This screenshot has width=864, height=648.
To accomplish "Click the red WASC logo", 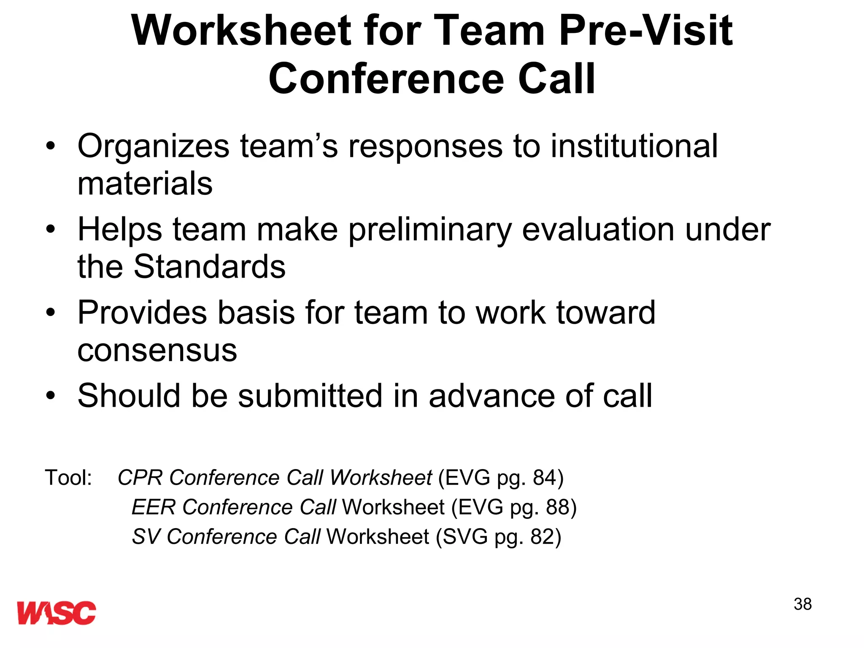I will click(57, 613).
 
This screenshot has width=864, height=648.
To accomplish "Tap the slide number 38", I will click(802, 604).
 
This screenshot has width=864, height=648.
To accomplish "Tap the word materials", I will click(145, 184).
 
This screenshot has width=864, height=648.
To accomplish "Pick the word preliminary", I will click(430, 230).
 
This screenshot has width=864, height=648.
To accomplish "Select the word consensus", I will click(157, 350).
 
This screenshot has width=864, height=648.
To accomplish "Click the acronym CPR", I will click(140, 478).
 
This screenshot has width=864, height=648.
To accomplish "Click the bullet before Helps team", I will click(51, 229).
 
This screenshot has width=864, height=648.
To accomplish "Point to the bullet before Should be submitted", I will click(51, 396).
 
